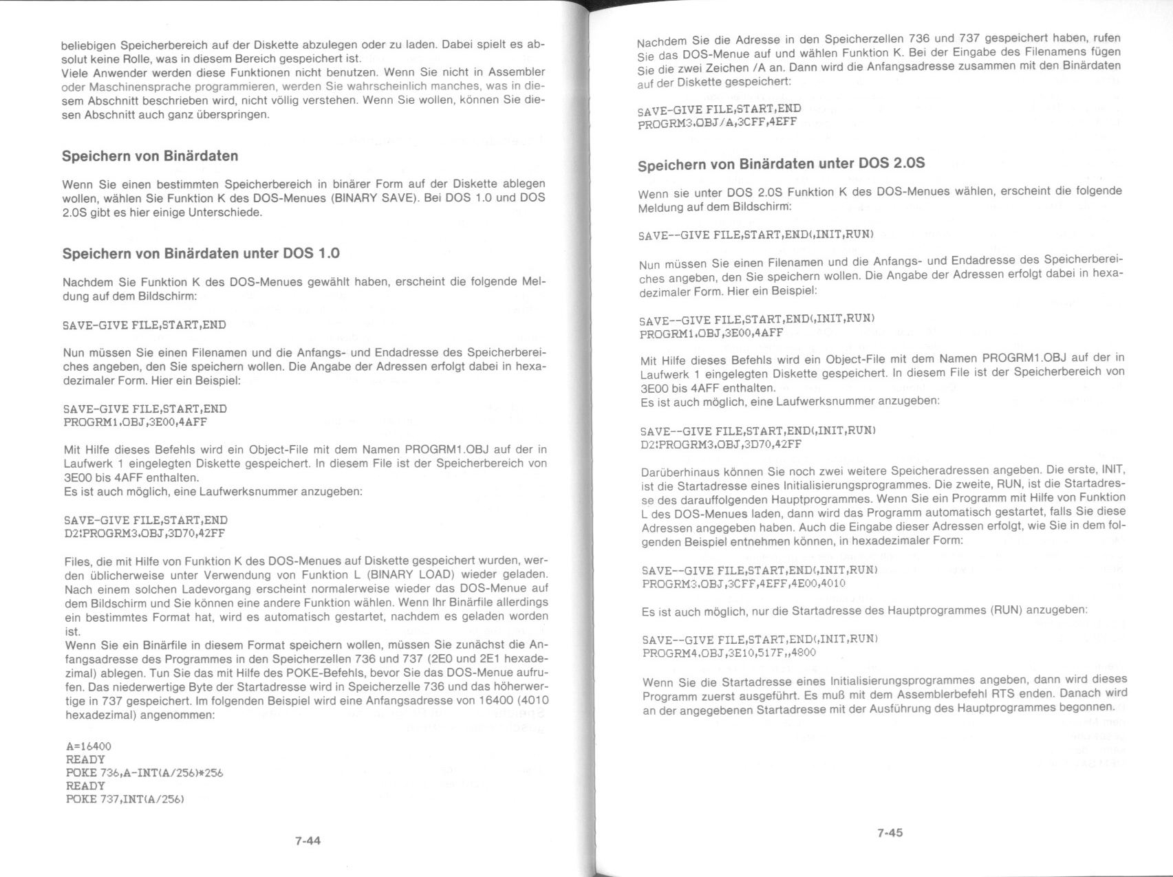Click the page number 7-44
(308, 841)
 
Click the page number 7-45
(890, 833)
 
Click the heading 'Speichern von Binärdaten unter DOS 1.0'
(201, 253)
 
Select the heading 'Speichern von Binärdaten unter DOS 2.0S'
(781, 164)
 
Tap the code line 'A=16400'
(88, 746)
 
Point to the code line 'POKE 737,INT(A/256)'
(125, 799)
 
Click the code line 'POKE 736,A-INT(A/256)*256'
(144, 772)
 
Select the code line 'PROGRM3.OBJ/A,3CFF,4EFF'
(717, 122)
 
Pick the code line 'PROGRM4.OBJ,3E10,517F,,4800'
(729, 653)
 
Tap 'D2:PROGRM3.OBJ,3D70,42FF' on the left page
(144, 534)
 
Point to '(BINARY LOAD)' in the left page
(411, 574)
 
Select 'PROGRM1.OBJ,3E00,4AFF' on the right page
(711, 334)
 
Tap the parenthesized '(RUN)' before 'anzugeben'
(1008, 611)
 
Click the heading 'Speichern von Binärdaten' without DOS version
(150, 156)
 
